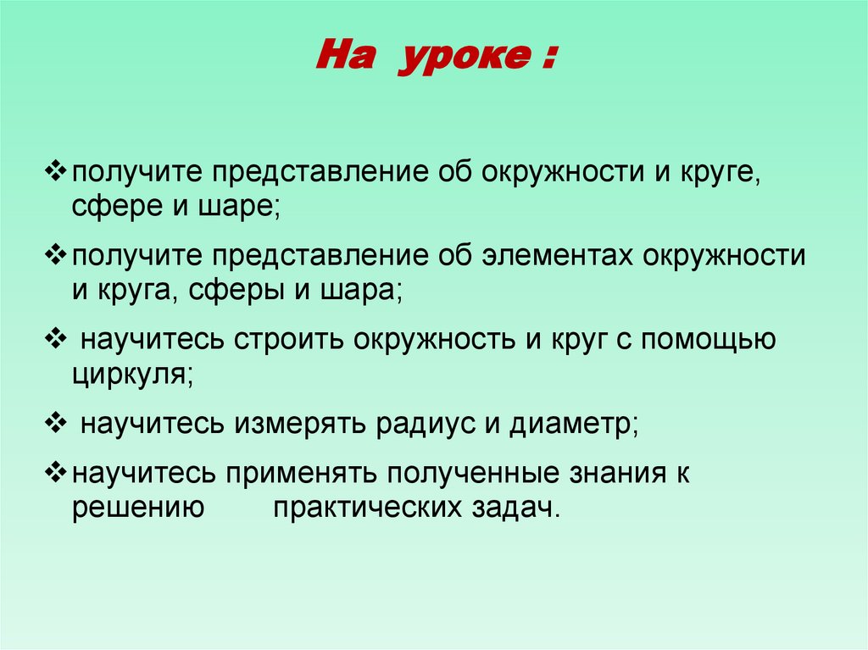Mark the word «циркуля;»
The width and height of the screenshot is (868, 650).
click(x=133, y=374)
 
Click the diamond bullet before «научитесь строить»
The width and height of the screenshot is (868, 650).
click(x=56, y=339)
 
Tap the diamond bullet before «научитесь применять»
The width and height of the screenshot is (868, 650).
click(x=56, y=472)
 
